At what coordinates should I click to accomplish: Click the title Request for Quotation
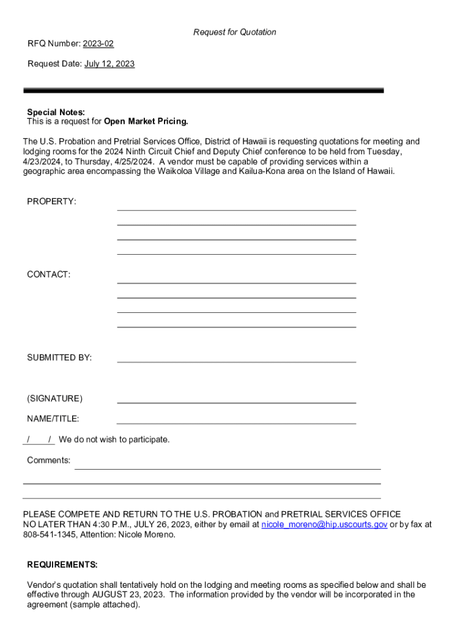(235, 32)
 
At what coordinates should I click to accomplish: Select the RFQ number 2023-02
(98, 43)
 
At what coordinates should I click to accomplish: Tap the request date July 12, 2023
(109, 64)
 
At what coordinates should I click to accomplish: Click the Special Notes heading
(56, 112)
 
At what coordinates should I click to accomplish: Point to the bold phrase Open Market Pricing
(146, 121)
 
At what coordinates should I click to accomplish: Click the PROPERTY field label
(51, 201)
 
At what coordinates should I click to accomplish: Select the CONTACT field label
(48, 274)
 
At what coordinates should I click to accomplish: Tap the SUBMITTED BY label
(59, 358)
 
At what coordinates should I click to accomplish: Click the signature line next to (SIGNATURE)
(236, 402)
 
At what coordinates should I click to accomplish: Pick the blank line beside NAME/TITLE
(236, 422)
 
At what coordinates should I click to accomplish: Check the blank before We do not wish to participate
(39, 440)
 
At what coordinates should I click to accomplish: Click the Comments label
(48, 460)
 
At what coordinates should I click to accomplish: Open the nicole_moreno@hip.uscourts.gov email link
(324, 525)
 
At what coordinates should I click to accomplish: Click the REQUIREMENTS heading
(62, 564)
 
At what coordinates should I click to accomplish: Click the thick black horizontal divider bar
(203, 91)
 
